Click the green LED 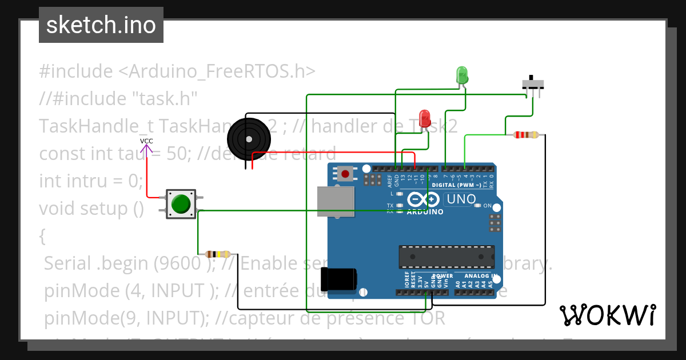(x=462, y=75)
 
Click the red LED (x=425, y=118)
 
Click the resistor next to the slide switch (x=526, y=135)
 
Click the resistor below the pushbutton (x=218, y=254)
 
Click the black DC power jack (x=338, y=279)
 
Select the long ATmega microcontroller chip (x=446, y=257)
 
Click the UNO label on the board (x=461, y=199)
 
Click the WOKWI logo (x=607, y=315)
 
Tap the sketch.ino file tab (x=101, y=25)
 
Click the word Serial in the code (x=67, y=263)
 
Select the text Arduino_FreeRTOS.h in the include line (x=217, y=71)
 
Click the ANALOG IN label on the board (x=473, y=276)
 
